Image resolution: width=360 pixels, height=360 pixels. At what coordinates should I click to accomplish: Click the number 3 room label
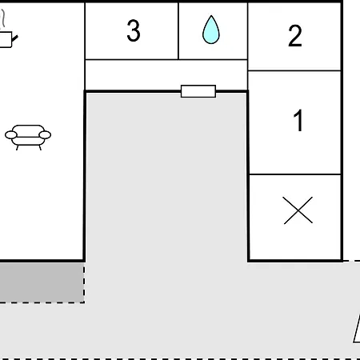click(134, 30)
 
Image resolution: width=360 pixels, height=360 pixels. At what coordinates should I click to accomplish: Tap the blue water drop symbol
click(211, 30)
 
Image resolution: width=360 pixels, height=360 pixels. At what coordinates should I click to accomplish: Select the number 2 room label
click(295, 36)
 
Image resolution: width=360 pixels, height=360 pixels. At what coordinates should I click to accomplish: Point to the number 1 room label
click(298, 120)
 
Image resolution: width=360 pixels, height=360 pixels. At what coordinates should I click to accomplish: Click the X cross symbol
click(298, 210)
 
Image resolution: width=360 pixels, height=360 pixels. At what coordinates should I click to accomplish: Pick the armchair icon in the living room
click(28, 137)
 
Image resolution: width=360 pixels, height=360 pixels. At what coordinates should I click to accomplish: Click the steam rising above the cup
click(2, 18)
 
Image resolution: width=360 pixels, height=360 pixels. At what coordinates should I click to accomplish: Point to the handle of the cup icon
click(15, 38)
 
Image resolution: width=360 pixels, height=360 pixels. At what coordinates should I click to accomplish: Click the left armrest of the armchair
click(11, 135)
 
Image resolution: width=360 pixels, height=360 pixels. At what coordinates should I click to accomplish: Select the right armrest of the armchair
click(45, 135)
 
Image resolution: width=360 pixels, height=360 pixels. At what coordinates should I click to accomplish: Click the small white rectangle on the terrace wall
click(198, 91)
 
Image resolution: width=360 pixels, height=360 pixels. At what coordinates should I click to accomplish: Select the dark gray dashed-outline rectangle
click(42, 282)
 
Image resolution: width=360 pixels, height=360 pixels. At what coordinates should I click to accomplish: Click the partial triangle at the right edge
click(357, 329)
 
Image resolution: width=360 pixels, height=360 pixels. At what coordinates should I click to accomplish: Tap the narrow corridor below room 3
click(166, 75)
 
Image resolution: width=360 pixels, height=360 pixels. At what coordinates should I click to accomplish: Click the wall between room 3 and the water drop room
click(178, 31)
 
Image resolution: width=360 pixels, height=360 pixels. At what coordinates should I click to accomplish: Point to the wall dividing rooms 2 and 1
click(294, 70)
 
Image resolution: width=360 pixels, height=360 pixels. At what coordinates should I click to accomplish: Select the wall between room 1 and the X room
click(294, 174)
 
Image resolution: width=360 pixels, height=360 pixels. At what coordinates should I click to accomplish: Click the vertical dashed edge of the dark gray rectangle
click(84, 282)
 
